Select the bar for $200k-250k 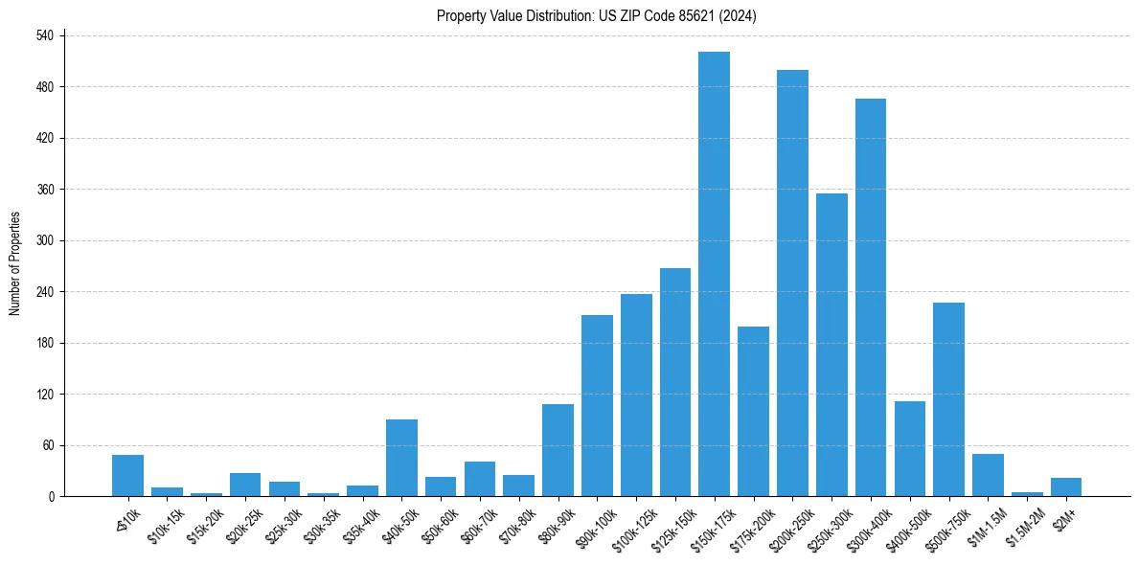pos(792,283)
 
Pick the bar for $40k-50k pos(401,458)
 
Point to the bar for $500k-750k pos(948,399)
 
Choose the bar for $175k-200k pos(753,412)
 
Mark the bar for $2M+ pos(1066,486)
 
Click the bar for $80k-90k pos(558,450)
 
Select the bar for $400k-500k pos(910,448)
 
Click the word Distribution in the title pos(544,15)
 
